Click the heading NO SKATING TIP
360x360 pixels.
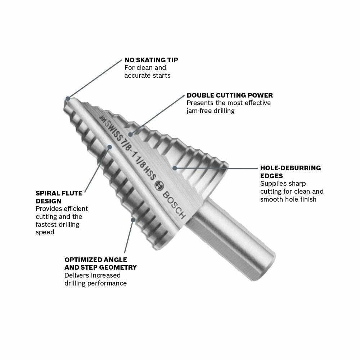coord(151,60)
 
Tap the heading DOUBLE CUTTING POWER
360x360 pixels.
coord(230,95)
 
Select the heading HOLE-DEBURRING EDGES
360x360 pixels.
coord(290,172)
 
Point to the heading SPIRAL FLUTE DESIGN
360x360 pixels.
coord(59,197)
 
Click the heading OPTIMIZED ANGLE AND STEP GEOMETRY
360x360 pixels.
coord(100,264)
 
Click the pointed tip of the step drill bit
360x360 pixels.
coord(67,99)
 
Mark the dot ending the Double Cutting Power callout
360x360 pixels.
coord(131,134)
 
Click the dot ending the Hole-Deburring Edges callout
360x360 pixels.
coord(175,167)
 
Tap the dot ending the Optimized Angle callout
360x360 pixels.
coord(133,219)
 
